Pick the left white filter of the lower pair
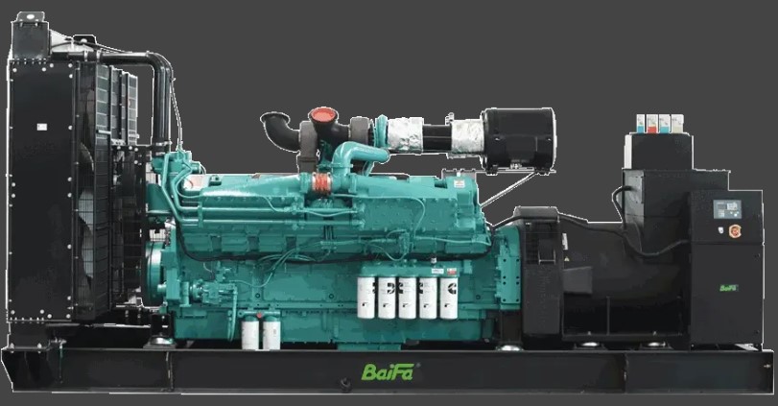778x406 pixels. tap(251, 333)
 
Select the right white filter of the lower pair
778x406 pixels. tap(271, 333)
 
